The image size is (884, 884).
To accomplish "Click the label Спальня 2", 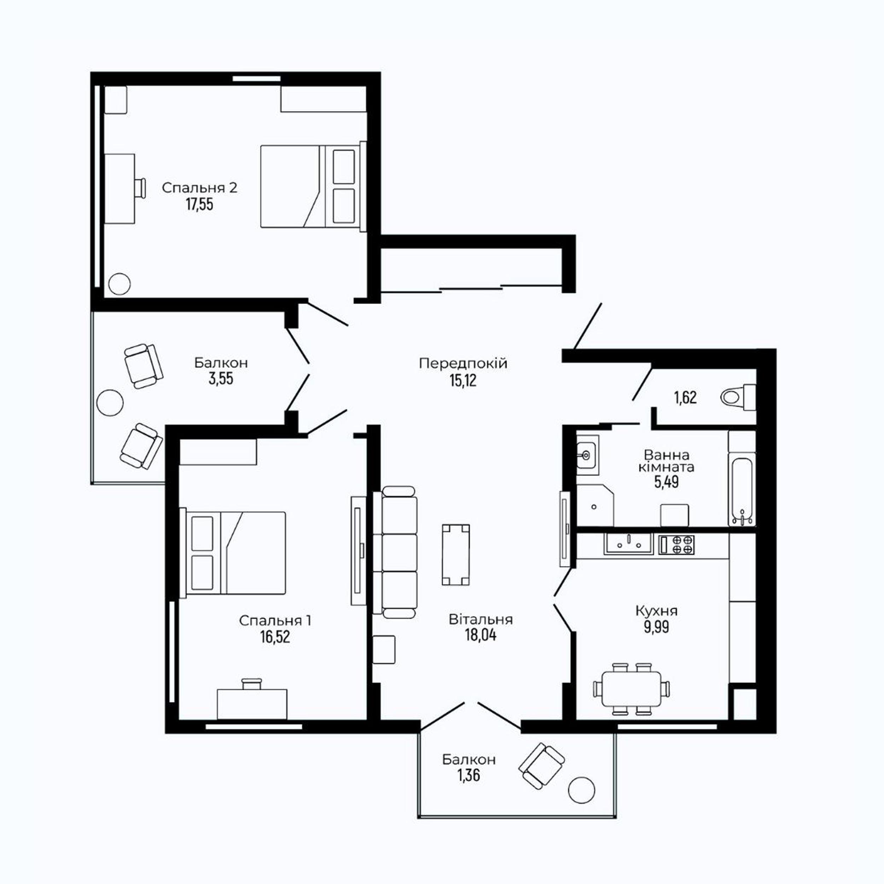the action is click(199, 188).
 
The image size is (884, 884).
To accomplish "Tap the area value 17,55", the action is click(199, 204).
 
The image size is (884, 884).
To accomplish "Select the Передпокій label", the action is click(463, 364).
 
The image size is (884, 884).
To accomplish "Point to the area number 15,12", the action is click(463, 380).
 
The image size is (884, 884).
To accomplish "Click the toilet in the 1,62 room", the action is click(738, 397).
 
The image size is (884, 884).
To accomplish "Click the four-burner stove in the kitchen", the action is click(677, 545).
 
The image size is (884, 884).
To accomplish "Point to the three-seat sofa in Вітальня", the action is click(395, 552).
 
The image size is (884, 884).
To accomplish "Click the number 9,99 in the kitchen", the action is click(657, 627).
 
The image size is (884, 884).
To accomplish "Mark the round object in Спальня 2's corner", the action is click(120, 284).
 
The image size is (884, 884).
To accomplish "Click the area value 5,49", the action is click(666, 482).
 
